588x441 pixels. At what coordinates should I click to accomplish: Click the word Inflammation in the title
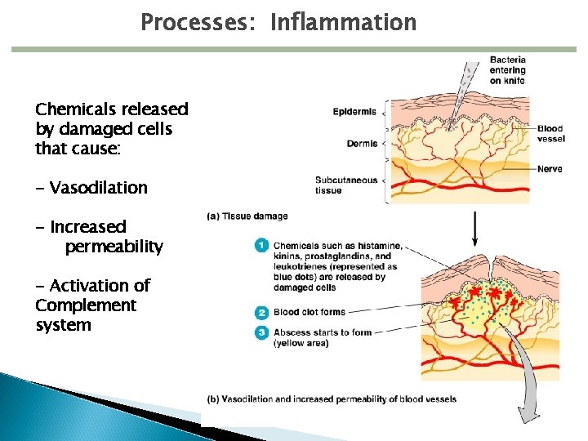(x=343, y=22)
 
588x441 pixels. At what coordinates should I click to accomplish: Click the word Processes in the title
(x=195, y=22)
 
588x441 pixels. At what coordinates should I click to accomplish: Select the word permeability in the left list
(x=114, y=247)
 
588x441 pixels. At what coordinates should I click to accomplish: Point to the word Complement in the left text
(x=86, y=305)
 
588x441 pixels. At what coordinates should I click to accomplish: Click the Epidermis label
(x=354, y=112)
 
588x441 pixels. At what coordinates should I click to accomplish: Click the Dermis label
(x=362, y=144)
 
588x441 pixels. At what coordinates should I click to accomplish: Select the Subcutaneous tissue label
(x=346, y=185)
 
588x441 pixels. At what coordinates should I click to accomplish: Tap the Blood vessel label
(x=550, y=134)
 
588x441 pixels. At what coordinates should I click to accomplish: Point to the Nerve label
(x=549, y=170)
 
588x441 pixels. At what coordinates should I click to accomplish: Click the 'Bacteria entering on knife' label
(x=507, y=70)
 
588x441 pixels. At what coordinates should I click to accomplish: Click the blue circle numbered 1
(x=261, y=245)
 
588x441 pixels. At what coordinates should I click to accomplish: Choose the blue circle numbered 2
(x=261, y=312)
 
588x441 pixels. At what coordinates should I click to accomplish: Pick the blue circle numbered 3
(x=261, y=332)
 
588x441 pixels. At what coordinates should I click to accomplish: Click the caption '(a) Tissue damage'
(x=247, y=216)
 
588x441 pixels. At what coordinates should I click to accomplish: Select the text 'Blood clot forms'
(x=310, y=312)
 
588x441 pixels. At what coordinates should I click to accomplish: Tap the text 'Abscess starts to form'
(x=322, y=332)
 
